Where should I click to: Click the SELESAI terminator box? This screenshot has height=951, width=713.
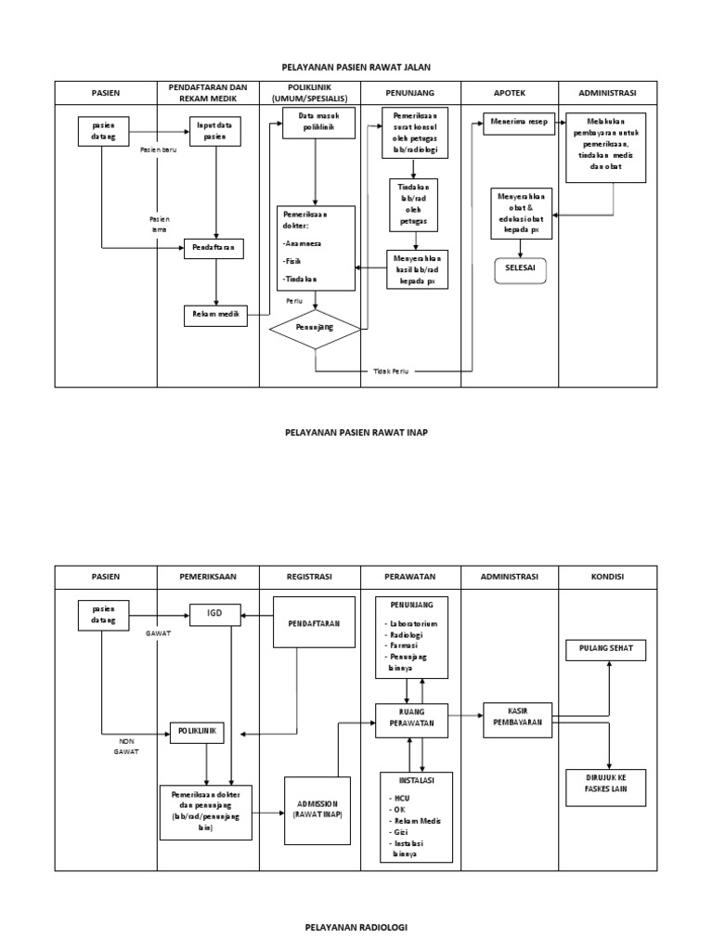point(520,268)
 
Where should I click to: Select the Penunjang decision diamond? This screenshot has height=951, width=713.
point(315,328)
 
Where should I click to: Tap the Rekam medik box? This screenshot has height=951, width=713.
point(215,316)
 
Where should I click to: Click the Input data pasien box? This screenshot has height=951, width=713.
point(215,132)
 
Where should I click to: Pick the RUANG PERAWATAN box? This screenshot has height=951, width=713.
point(410,720)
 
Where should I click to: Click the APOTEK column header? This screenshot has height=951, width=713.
point(510,93)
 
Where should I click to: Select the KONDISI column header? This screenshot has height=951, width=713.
point(607,577)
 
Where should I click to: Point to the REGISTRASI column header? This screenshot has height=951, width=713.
point(309,577)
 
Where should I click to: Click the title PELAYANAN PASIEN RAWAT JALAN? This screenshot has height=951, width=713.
point(356,67)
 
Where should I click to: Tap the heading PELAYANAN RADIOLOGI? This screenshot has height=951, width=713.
point(356,926)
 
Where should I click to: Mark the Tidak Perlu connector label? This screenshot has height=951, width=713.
point(389,371)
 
